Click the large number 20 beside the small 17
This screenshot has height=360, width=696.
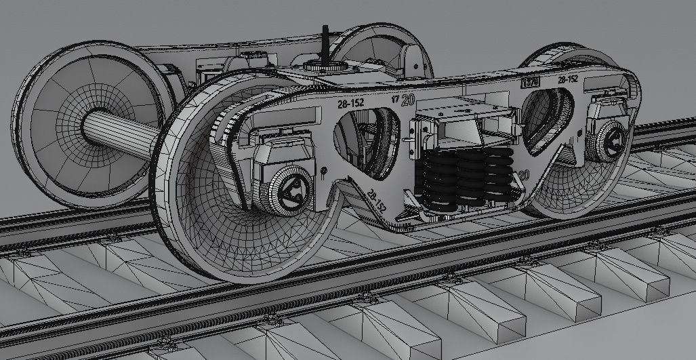pyautogui.click(x=407, y=100)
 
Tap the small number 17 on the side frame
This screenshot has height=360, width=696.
pyautogui.click(x=395, y=99)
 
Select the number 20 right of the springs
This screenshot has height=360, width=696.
pyautogui.click(x=523, y=175)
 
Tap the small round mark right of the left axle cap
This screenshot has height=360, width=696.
pyautogui.click(x=325, y=171)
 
